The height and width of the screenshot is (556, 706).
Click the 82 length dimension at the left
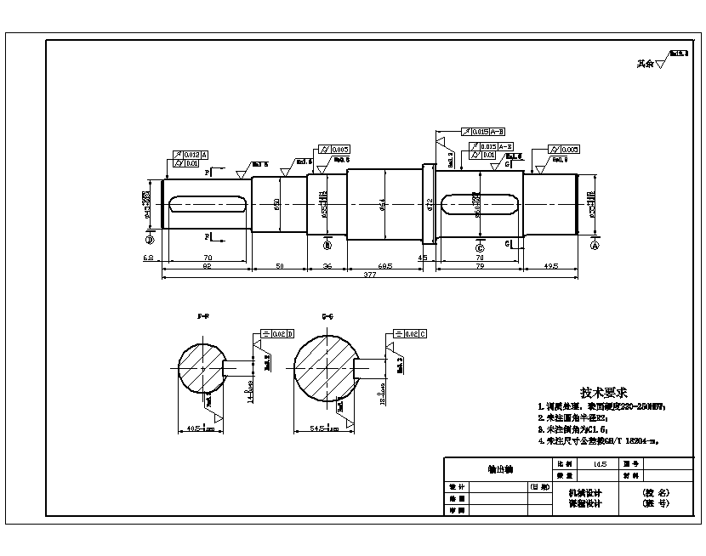click(x=206, y=266)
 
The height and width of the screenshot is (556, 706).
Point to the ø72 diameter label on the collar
click(x=430, y=204)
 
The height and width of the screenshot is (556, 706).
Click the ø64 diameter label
click(x=384, y=204)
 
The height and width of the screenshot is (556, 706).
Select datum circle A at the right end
click(x=594, y=244)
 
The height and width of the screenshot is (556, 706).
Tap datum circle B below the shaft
click(x=326, y=245)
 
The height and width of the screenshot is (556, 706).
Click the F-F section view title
click(x=203, y=315)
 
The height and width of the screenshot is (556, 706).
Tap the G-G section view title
click(x=327, y=315)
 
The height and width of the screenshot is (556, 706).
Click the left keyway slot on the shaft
click(x=208, y=204)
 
